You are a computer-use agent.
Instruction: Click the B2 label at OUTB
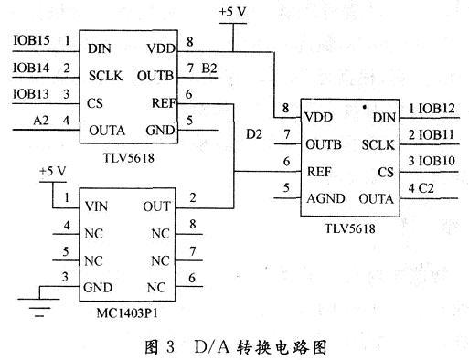[209, 69]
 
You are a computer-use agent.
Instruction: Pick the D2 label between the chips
[256, 134]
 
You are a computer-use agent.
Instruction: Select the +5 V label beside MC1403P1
[55, 172]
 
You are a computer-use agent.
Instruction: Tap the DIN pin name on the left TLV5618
[101, 46]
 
